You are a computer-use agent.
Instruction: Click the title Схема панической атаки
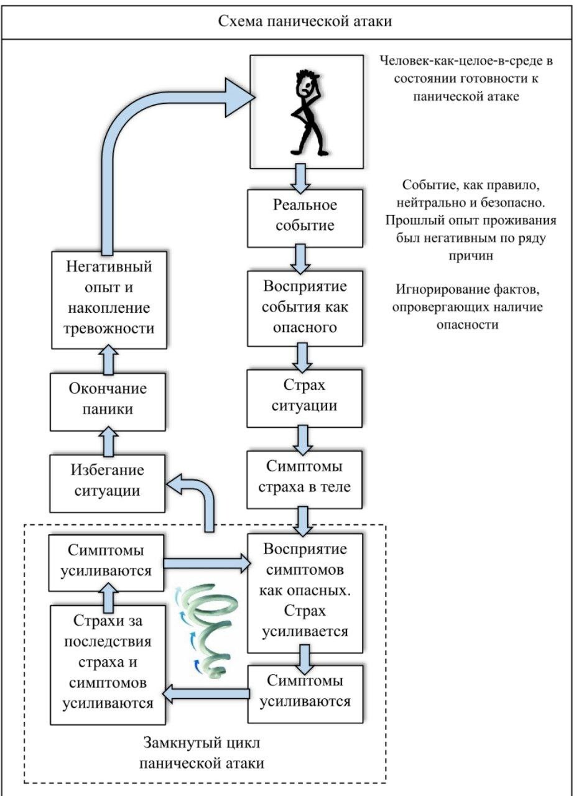[x=305, y=22]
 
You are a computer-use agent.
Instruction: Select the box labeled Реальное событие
[x=305, y=215]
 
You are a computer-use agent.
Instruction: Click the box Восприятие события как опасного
[x=305, y=307]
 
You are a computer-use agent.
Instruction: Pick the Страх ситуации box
[x=305, y=396]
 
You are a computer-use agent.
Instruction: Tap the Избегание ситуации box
[x=108, y=481]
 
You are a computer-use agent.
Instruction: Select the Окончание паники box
[x=108, y=399]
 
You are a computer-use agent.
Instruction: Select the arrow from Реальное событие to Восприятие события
[x=301, y=258]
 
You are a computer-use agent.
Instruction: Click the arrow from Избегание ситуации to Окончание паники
[x=108, y=441]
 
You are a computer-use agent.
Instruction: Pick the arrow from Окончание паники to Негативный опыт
[x=108, y=360]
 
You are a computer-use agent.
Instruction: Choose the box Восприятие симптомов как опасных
[x=305, y=591]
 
